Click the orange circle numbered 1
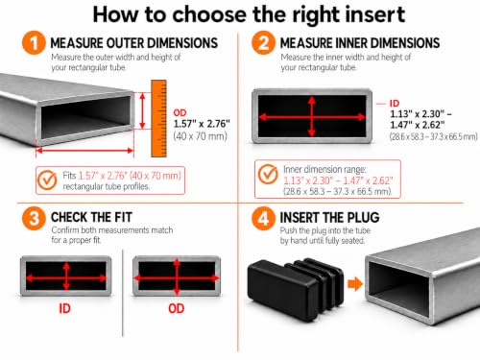pyautogui.click(x=34, y=43)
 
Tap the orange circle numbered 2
pyautogui.click(x=263, y=43)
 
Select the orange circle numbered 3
pyautogui.click(x=34, y=218)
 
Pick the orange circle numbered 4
pyautogui.click(x=263, y=218)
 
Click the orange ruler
pyautogui.click(x=158, y=119)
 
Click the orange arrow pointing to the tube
pyautogui.click(x=355, y=284)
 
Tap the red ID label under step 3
pyautogui.click(x=64, y=308)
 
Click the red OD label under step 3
pyautogui.click(x=177, y=308)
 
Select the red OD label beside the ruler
pyautogui.click(x=180, y=112)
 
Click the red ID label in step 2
pyautogui.click(x=395, y=103)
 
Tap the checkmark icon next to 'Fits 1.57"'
pyautogui.click(x=47, y=180)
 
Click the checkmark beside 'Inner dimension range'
pyautogui.click(x=268, y=175)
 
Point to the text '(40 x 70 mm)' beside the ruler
pyautogui.click(x=201, y=136)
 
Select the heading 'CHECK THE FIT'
pyautogui.click(x=91, y=217)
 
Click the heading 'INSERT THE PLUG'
pyautogui.click(x=330, y=218)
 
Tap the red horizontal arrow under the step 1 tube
pyautogui.click(x=84, y=151)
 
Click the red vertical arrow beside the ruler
pyautogui.click(x=143, y=110)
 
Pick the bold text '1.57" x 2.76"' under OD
pyautogui.click(x=202, y=124)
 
